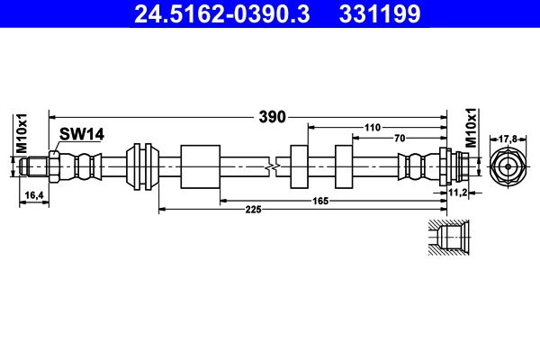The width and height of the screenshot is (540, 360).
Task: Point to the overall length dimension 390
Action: (x=272, y=116)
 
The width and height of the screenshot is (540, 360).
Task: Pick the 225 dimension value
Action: (x=253, y=210)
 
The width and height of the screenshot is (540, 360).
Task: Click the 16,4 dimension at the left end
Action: (x=34, y=194)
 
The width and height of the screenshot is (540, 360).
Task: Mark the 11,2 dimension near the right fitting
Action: (x=458, y=192)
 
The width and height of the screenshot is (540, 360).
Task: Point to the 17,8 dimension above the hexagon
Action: (x=508, y=139)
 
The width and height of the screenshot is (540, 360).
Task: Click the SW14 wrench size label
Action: (x=82, y=134)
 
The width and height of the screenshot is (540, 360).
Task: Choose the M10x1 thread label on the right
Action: (x=471, y=126)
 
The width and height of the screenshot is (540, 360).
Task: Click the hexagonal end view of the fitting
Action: (x=508, y=167)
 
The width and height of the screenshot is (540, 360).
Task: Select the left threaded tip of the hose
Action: (x=35, y=166)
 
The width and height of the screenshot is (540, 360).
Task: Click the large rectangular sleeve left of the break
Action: (x=200, y=166)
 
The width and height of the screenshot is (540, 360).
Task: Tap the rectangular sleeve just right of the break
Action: (x=300, y=166)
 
